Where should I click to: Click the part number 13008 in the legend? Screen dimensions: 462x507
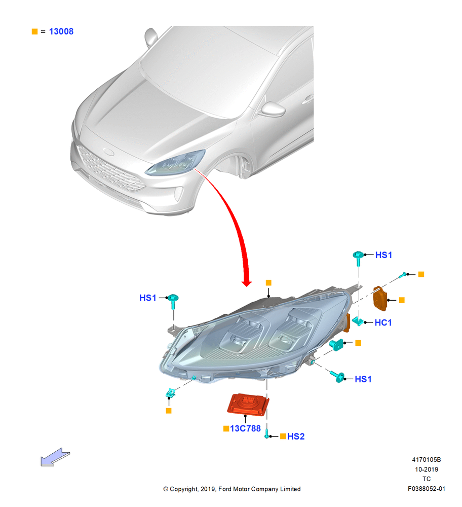pos(61,31)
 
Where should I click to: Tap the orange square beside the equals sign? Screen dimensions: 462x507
pos(34,31)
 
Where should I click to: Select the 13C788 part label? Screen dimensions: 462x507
pos(245,428)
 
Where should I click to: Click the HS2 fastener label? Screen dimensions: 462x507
pos(296,436)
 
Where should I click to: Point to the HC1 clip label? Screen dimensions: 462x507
pos(383,322)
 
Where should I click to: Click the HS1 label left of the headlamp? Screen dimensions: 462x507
pos(147,298)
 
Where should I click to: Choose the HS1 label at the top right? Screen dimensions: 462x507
pos(383,255)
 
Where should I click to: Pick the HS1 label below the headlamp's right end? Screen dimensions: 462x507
pos(363,379)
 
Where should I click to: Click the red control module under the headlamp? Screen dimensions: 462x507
pos(248,404)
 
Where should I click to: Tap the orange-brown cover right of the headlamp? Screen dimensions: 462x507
pos(380,299)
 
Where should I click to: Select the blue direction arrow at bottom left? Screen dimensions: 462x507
pos(55,457)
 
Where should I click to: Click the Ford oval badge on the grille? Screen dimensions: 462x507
pos(108,151)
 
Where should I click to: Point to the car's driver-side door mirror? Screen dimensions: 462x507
pos(273,110)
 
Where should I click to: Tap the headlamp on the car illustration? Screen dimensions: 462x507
pos(175,163)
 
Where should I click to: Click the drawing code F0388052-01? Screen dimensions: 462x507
pos(426,489)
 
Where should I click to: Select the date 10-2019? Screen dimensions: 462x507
pos(427,469)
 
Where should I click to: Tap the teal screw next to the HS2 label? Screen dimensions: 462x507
pos(267,433)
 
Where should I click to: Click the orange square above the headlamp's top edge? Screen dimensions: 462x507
pos(268,282)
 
